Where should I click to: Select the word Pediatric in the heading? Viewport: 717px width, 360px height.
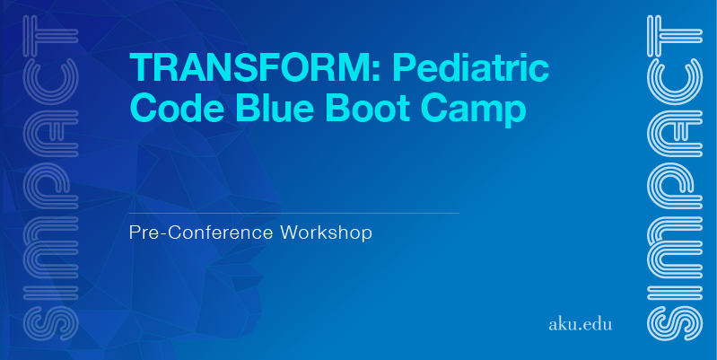(470, 67)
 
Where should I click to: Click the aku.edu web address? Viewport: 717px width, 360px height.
(580, 324)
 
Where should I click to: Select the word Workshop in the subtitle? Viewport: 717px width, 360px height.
(326, 233)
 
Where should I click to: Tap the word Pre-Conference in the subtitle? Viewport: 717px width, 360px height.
(202, 233)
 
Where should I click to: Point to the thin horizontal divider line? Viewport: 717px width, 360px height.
(294, 213)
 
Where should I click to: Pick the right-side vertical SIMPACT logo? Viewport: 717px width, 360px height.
(675, 178)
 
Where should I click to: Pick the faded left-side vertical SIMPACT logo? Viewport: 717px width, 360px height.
(50, 178)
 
